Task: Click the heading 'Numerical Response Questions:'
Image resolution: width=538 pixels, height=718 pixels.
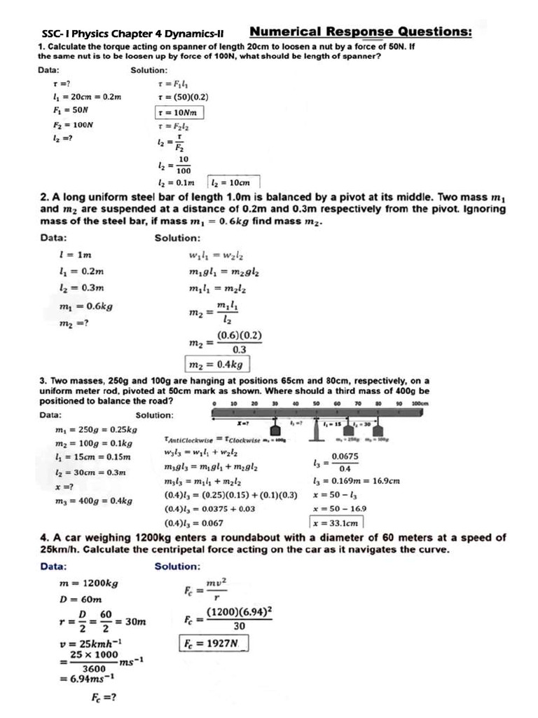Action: pyautogui.click(x=360, y=32)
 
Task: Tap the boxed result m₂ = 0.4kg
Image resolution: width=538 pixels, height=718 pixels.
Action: pyautogui.click(x=216, y=364)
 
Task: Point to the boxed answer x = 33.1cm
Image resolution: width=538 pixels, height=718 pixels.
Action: pyautogui.click(x=336, y=522)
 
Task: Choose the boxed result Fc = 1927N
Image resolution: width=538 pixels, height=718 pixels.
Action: pyautogui.click(x=212, y=643)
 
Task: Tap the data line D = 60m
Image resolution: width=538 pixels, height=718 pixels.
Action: pyautogui.click(x=81, y=600)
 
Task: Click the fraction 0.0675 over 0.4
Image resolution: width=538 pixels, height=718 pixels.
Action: pyautogui.click(x=345, y=461)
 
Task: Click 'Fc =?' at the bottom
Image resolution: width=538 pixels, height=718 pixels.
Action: pyautogui.click(x=103, y=698)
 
